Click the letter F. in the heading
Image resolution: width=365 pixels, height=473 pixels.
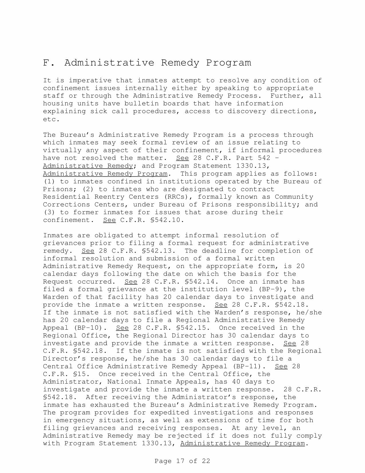(x=47, y=62)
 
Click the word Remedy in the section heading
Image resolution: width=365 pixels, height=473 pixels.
(x=180, y=62)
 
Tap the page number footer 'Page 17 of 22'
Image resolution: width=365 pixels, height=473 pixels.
(x=182, y=461)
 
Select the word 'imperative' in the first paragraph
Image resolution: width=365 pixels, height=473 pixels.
(x=90, y=81)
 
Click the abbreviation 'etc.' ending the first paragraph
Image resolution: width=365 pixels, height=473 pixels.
(x=52, y=119)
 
